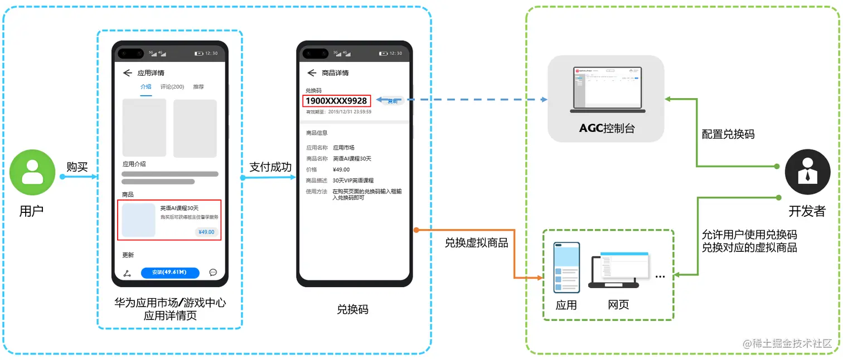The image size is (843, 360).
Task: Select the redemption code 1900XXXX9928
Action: tap(336, 101)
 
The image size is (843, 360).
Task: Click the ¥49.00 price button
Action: tap(206, 232)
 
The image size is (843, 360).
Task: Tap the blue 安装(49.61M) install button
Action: tap(170, 273)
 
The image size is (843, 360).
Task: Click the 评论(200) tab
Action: tap(172, 87)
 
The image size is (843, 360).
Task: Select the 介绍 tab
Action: tap(146, 87)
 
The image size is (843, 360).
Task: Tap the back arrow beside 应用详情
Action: tap(127, 73)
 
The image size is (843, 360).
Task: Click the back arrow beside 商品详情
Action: tap(312, 73)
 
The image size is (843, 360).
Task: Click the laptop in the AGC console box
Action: tap(607, 89)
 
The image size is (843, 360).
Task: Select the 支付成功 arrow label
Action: tap(270, 167)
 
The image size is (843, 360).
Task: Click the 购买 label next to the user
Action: tap(77, 167)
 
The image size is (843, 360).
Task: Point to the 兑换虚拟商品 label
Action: tap(477, 243)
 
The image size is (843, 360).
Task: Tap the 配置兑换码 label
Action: tap(728, 134)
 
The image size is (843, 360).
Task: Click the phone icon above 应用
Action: tap(566, 267)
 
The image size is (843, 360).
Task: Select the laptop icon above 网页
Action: tap(616, 271)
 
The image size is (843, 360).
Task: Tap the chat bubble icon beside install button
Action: tap(213, 273)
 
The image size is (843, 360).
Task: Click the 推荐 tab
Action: tap(198, 87)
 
